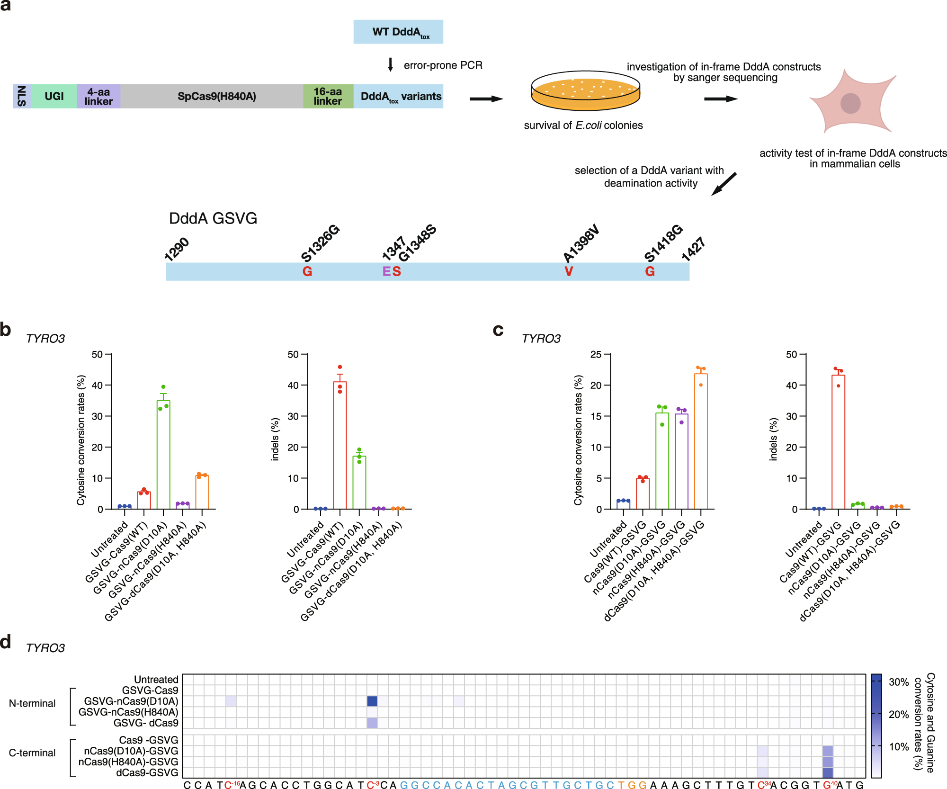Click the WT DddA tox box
pos(398,32)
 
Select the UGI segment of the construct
pos(54,96)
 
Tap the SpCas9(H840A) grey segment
pos(216,96)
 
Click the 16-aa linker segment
pos(328,96)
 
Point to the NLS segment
pos(22,96)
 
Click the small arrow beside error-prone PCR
pos(390,65)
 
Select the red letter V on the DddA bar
pos(569,271)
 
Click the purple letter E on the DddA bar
pos(386,271)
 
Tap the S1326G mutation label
pos(321,243)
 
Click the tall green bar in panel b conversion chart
pos(163,455)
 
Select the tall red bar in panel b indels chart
pos(340,445)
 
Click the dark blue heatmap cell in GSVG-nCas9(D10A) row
pos(372,701)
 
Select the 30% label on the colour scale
pos(899,682)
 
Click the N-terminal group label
pos(32,703)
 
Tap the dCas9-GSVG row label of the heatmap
pos(147,772)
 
